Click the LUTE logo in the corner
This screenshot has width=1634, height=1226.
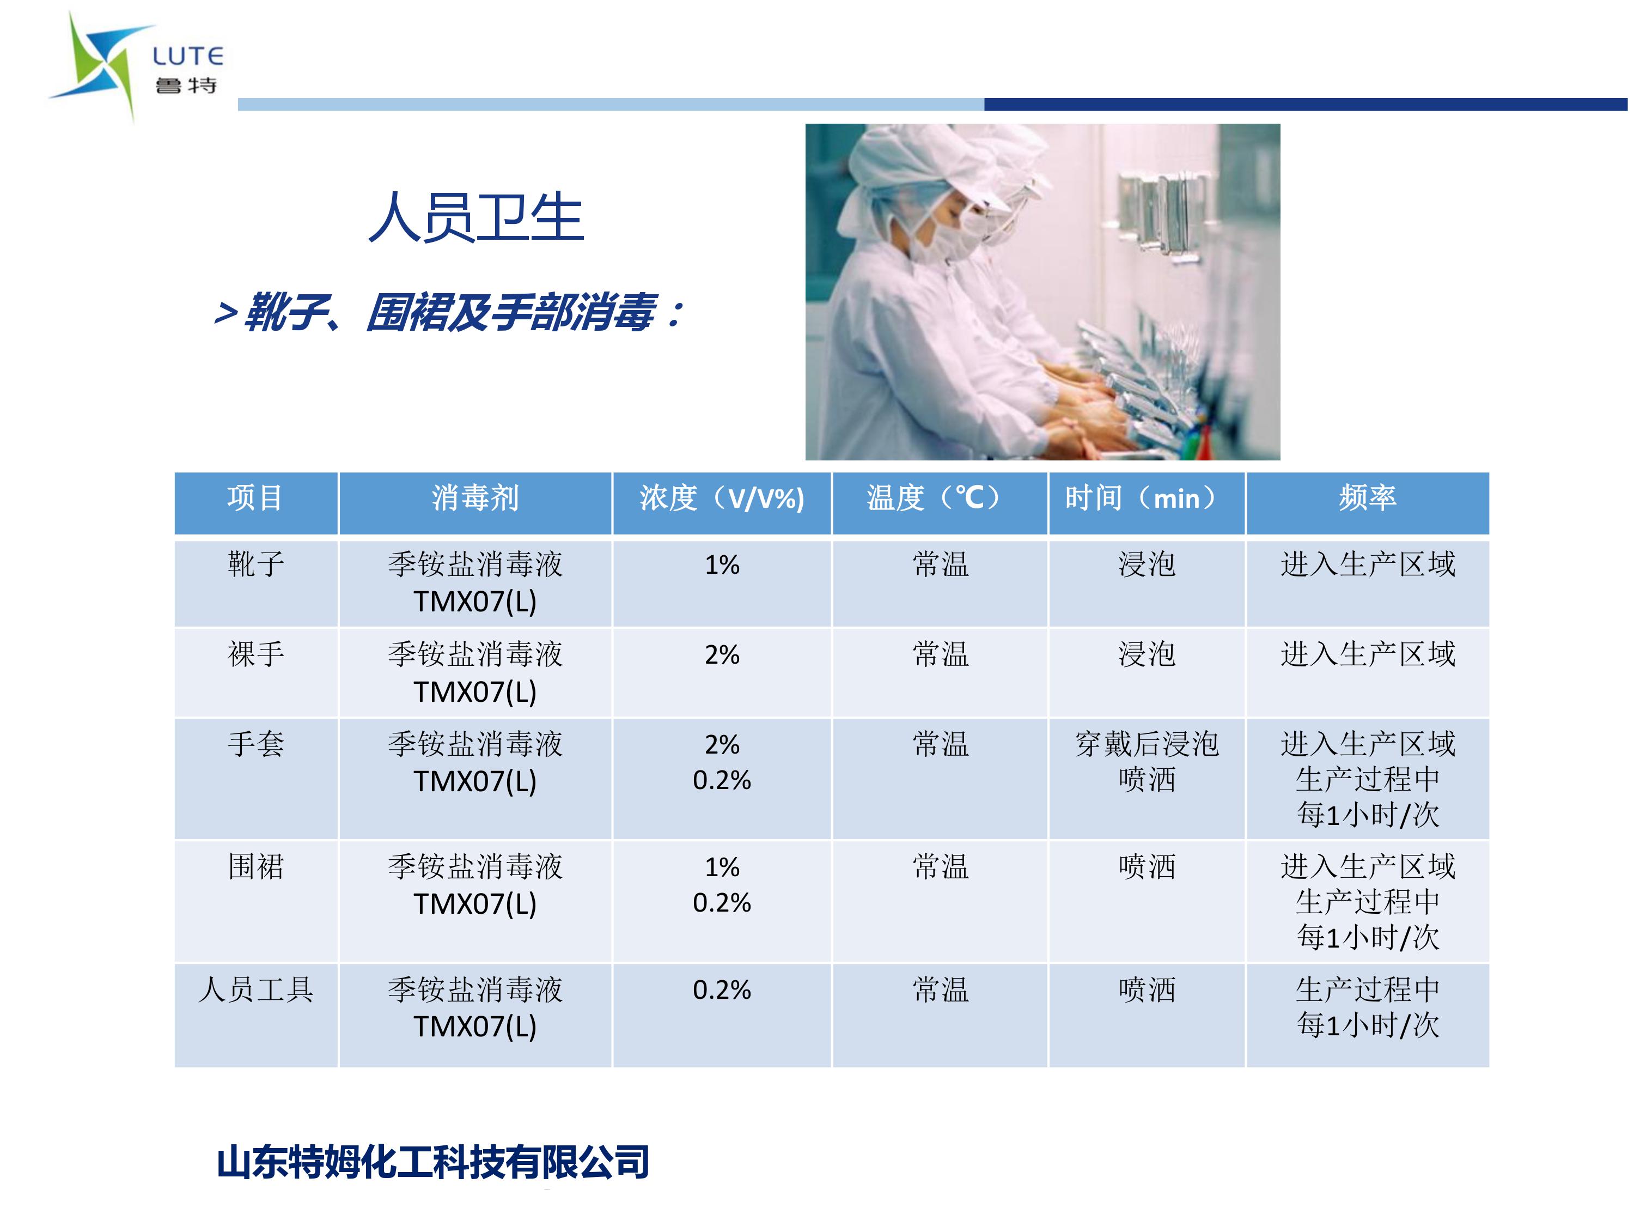coord(137,66)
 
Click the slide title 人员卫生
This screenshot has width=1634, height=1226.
coord(477,217)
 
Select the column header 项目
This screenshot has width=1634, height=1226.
coord(255,498)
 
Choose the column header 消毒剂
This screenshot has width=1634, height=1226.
coord(475,498)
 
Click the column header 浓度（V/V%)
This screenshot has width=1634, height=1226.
coord(722,498)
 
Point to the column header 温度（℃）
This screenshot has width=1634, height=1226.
coord(940,498)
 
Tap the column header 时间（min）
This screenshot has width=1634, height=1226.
coord(1147,498)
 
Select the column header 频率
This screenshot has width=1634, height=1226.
coord(1367,498)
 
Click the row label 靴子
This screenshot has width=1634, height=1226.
coord(255,565)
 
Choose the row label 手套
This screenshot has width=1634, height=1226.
coord(255,744)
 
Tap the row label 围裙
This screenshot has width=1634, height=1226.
coord(255,867)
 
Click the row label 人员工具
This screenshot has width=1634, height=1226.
coord(255,990)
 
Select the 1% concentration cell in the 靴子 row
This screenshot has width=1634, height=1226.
coord(722,566)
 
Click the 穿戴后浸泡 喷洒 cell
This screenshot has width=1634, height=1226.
coord(1147,762)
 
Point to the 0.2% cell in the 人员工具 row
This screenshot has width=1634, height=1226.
coord(722,990)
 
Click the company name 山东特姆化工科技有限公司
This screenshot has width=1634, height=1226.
coord(434,1162)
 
